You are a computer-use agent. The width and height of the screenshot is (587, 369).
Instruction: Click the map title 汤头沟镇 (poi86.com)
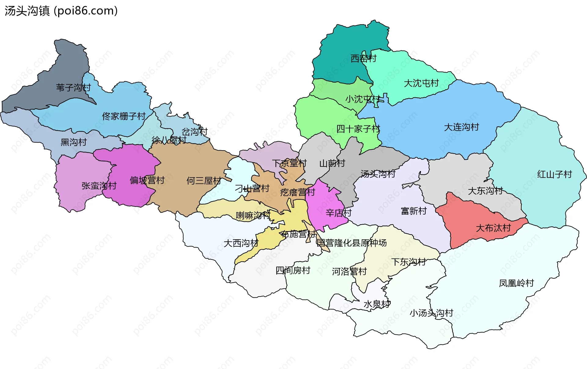pos(61,11)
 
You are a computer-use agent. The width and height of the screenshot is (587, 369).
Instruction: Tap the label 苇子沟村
pos(73,88)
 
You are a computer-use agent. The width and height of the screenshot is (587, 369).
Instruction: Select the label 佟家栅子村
pos(124,116)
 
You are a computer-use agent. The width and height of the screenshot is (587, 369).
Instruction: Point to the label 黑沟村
pos(73,142)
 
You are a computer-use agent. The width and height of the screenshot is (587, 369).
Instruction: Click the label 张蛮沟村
pos(99,186)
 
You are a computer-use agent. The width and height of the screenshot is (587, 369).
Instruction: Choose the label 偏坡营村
pos(147,180)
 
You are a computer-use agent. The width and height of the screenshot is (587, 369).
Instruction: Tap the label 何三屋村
pos(204,181)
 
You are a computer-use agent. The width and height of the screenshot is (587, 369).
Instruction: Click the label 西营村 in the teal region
pos(363,58)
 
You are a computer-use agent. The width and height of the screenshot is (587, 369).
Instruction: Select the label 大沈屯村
pos(421,83)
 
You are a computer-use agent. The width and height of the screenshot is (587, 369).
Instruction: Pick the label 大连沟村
pos(461,127)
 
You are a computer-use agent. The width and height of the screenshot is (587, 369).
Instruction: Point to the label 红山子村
pos(554,174)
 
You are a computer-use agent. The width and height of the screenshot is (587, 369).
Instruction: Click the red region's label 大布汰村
pos(493,228)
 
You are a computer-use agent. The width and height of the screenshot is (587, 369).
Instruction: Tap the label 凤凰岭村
pos(516,283)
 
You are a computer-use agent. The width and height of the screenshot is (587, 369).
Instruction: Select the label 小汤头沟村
pos(431,313)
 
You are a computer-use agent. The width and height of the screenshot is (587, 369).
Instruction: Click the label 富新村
pos(413,211)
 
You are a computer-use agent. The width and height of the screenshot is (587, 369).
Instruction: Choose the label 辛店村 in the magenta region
pos(338,213)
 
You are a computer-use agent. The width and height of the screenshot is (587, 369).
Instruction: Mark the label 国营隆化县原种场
pos(351,243)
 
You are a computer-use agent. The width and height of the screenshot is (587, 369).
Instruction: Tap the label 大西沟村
pos(241,243)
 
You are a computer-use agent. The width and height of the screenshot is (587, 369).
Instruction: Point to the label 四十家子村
pos(358,129)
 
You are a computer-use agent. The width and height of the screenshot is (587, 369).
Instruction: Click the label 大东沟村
pos(485,191)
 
